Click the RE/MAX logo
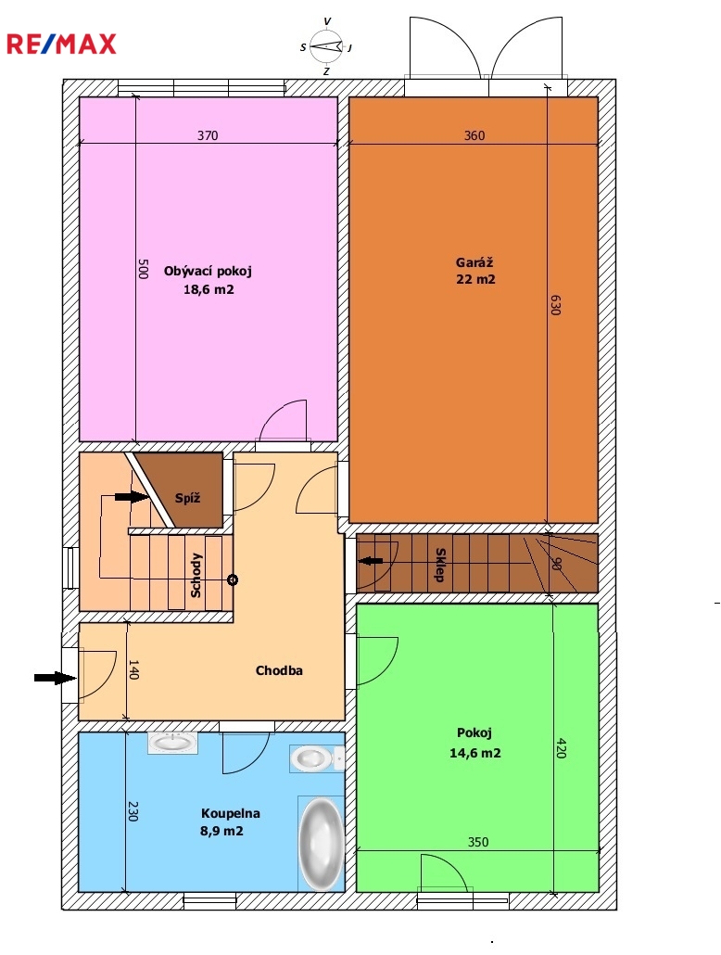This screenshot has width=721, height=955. coord(61,44)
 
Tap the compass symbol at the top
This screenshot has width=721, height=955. coord(327,46)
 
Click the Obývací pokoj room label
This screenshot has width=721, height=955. coord(208,271)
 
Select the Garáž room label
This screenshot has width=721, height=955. coord(474,263)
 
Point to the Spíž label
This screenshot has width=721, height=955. coord(187,498)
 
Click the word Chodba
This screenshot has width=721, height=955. coord(279,670)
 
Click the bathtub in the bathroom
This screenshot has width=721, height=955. coord(321,843)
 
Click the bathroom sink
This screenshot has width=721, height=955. coord(173,743)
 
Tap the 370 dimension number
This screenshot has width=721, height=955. coord(208,135)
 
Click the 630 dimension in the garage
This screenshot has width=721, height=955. coord(554,304)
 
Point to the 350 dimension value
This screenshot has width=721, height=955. coord(478,842)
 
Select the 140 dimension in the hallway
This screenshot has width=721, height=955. coord(133,669)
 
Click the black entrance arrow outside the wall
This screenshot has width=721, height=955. coord(55,677)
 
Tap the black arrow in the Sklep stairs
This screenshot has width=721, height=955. coord(371,561)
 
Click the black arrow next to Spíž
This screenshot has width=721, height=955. coord(132,497)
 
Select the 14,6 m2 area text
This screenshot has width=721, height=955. coord(475,753)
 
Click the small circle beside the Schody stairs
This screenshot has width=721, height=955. coord(232,579)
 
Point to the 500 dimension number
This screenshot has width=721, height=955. coord(142,269)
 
